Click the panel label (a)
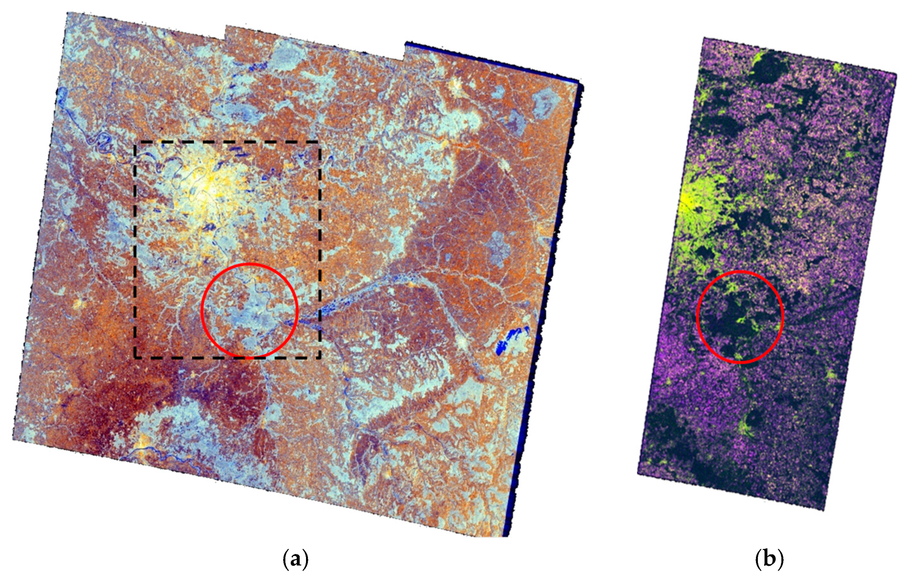coord(296,559)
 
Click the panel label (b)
coord(769,559)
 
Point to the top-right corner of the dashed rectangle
coord(320,142)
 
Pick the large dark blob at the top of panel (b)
coord(767,68)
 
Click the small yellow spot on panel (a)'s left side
coord(79,303)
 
